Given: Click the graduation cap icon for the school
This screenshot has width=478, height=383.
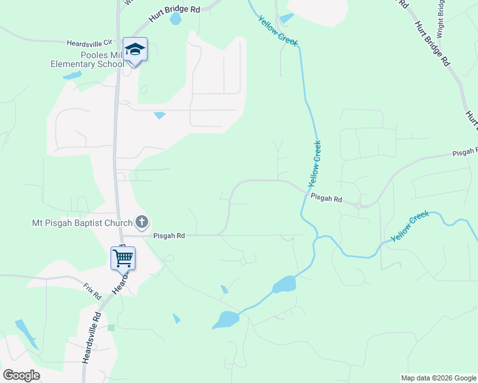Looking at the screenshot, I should pyautogui.click(x=135, y=49).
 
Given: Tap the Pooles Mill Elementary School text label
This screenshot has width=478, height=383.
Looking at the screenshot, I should pyautogui.click(x=88, y=60).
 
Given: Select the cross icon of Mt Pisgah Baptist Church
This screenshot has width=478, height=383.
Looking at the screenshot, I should pyautogui.click(x=142, y=222).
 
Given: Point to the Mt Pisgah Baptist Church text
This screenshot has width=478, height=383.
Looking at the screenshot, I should pyautogui.click(x=82, y=223).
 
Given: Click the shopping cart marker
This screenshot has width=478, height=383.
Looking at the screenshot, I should pyautogui.click(x=123, y=258).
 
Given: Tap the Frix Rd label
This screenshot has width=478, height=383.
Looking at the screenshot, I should pyautogui.click(x=92, y=292).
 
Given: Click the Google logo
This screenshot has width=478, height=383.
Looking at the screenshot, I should pyautogui.click(x=22, y=375).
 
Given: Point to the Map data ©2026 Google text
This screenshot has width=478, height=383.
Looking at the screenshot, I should pyautogui.click(x=438, y=378).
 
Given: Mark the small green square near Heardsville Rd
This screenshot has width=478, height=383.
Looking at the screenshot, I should pyautogui.click(x=111, y=327).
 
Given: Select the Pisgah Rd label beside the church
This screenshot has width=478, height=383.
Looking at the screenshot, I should pyautogui.click(x=169, y=236).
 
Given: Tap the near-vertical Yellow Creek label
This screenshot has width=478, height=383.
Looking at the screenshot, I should pyautogui.click(x=314, y=163).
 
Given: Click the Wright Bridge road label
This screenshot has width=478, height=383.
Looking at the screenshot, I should pyautogui.click(x=441, y=17).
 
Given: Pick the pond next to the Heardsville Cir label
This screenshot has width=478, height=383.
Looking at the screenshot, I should pyautogui.click(x=72, y=75).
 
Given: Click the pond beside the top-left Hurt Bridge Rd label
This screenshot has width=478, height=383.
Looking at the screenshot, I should pyautogui.click(x=175, y=19).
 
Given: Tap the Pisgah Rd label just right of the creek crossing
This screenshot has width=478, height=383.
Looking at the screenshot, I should pyautogui.click(x=326, y=199).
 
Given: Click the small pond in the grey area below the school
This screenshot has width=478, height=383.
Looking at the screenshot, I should pyautogui.click(x=159, y=116).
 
